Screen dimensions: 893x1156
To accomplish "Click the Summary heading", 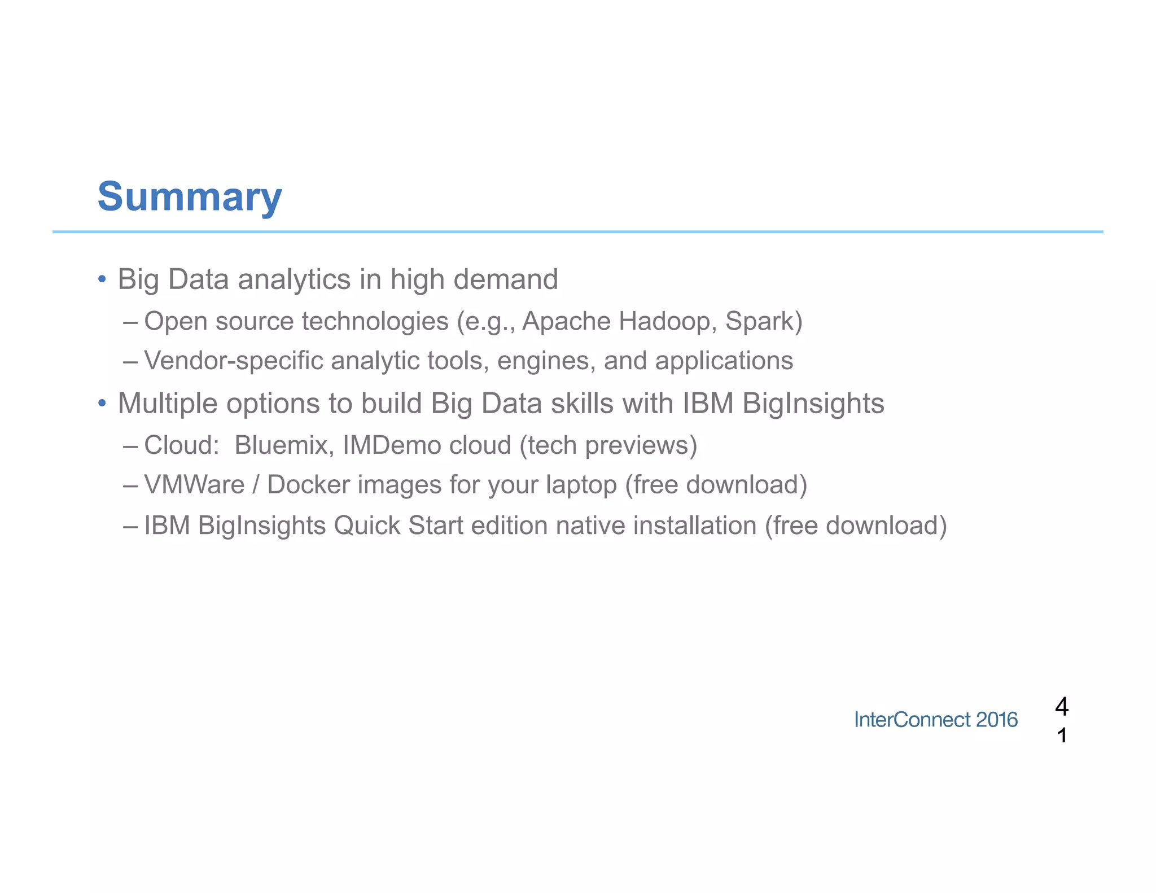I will [190, 196].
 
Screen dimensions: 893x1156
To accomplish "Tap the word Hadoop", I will [667, 321].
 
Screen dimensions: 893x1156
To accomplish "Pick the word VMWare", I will [194, 485].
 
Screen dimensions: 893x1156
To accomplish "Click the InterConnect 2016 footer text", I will [935, 720].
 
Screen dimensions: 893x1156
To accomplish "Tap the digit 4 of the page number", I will [1061, 706].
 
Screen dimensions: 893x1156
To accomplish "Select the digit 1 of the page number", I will [1062, 736].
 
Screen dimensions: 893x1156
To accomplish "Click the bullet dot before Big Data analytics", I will [102, 279].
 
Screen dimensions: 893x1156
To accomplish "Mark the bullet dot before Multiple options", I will [102, 403].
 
